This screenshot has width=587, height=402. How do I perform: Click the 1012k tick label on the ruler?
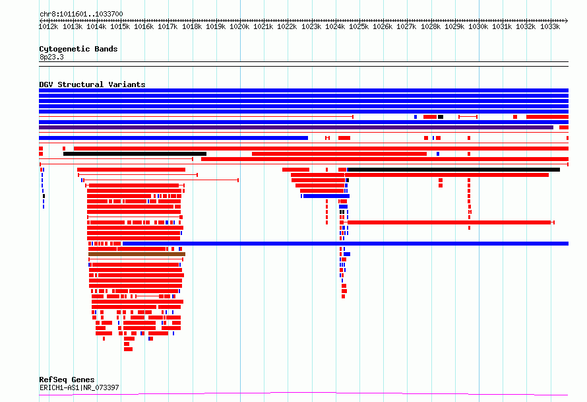(48, 26)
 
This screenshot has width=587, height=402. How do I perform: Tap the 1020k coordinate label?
(239, 26)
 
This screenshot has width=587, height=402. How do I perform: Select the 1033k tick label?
(550, 26)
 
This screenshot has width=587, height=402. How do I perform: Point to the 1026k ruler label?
(383, 26)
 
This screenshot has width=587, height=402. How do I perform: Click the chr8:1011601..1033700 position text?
(81, 14)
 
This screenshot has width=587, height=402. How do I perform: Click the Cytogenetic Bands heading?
(78, 49)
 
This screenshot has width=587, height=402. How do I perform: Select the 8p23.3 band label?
(51, 57)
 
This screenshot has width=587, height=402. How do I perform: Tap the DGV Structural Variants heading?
(92, 84)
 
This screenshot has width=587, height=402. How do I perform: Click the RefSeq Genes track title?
(67, 380)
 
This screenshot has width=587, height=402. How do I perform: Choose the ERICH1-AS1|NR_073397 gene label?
(79, 387)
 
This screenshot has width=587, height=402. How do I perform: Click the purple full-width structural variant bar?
(296, 127)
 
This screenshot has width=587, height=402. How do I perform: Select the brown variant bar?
(137, 254)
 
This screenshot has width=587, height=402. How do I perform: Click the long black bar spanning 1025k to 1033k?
(454, 170)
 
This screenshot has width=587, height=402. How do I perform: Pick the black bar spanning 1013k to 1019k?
(135, 154)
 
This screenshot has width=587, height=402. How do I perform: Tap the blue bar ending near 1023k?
(173, 138)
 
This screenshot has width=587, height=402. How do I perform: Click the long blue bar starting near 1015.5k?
(346, 244)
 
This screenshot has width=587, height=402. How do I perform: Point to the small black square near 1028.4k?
(441, 117)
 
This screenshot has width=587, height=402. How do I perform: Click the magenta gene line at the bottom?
(303, 393)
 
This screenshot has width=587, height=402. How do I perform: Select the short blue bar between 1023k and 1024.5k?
(326, 196)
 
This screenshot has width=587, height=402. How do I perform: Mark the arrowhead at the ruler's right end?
(567, 20)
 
